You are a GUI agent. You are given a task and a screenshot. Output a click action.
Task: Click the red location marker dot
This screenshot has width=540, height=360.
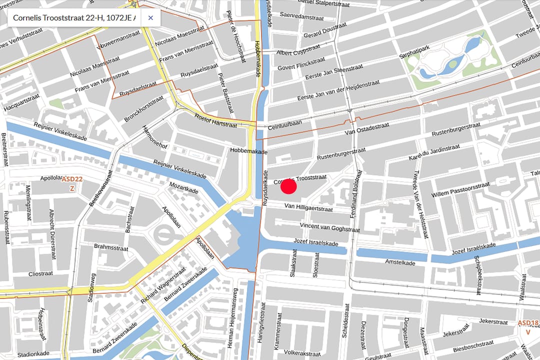[x=288, y=186]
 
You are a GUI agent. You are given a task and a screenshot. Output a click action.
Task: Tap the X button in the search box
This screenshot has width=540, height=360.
[x=150, y=18]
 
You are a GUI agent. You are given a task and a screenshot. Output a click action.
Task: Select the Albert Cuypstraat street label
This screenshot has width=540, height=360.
[x=298, y=50]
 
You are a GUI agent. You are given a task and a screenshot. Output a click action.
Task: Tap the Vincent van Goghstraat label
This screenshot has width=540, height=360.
[x=330, y=227]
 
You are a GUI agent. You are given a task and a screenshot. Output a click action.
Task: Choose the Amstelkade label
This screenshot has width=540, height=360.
[x=400, y=261]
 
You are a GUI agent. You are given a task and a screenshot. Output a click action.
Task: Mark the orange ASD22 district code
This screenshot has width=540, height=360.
[x=71, y=179]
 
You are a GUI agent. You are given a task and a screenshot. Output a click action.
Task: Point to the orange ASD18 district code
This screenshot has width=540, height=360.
[x=528, y=323]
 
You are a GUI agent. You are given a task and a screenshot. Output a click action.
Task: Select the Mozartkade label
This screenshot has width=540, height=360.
[x=184, y=188]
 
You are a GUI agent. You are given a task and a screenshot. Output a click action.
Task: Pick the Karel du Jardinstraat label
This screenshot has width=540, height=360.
[x=434, y=151]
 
